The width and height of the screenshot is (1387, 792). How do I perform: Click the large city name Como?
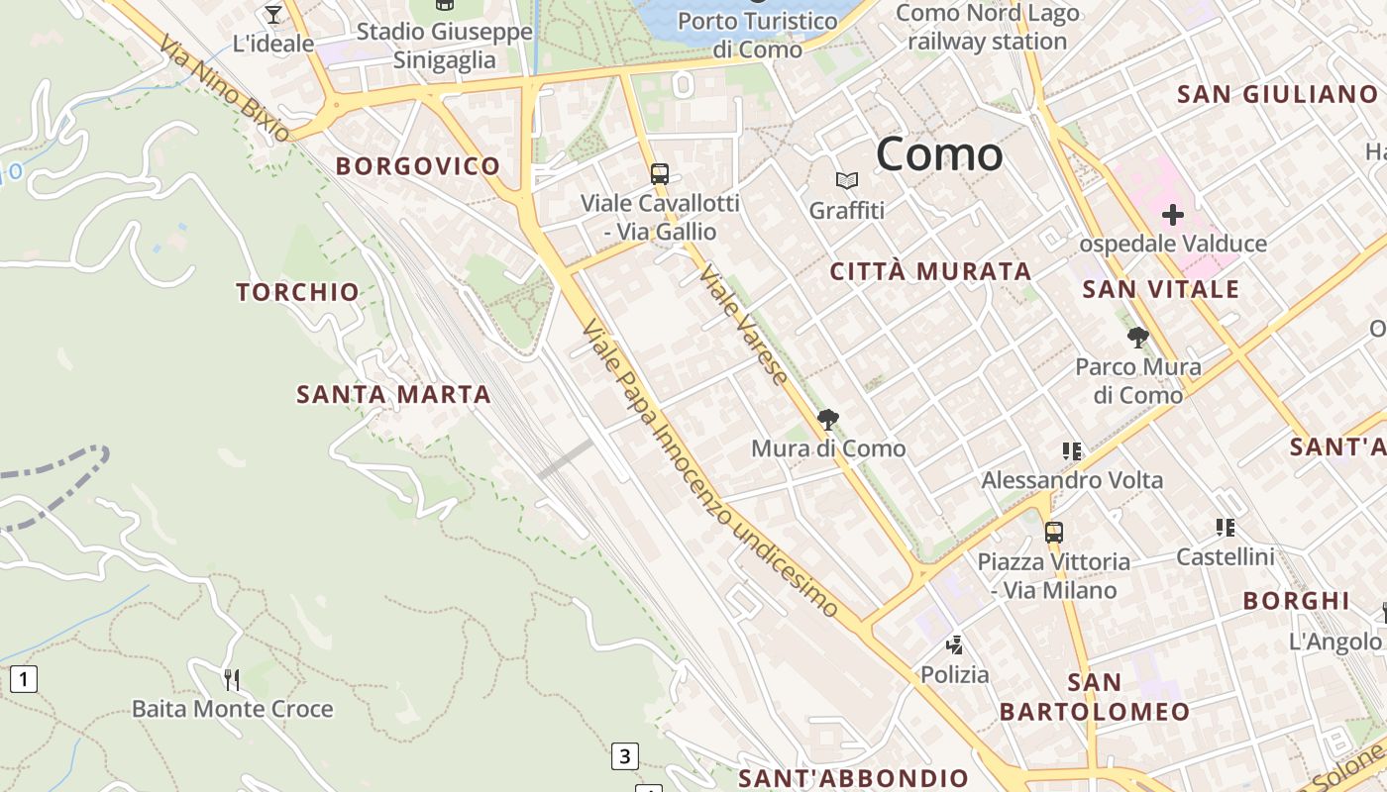point(939,154)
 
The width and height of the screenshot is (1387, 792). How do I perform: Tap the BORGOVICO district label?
point(417,166)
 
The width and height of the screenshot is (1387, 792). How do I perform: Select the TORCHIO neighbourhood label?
point(297,292)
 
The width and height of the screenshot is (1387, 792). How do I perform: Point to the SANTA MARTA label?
point(394,394)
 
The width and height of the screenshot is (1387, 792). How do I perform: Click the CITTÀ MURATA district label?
point(930,271)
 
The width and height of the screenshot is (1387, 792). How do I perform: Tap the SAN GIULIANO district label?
point(1277,95)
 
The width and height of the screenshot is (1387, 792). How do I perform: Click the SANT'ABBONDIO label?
point(853,778)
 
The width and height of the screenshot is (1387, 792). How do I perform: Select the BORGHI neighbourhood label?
point(1296,601)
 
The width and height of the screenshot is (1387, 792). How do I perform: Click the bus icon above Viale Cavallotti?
point(660,174)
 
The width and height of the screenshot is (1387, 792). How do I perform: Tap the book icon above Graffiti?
point(846,180)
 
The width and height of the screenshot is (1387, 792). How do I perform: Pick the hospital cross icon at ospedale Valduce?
point(1173,215)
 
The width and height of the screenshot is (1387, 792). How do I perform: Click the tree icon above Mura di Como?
point(828,420)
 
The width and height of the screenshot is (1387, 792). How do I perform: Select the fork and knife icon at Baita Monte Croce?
point(232,679)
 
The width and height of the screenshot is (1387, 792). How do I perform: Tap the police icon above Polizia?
point(954,645)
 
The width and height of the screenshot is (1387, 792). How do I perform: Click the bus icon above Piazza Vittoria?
point(1053,533)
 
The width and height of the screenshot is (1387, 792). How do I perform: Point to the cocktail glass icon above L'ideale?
point(273,15)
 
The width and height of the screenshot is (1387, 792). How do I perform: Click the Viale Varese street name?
point(744,326)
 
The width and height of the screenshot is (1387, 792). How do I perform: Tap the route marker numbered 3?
point(623,756)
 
